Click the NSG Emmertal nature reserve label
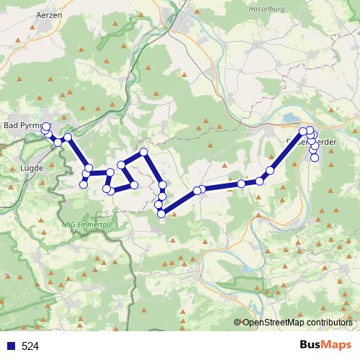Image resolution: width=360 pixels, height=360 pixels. [x=86, y=225]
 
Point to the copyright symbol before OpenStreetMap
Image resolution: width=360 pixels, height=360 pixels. [x=238, y=323]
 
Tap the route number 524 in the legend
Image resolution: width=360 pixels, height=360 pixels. [x=30, y=346]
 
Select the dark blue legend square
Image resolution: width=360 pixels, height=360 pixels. [x=11, y=346]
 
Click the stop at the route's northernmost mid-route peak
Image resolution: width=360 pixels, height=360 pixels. [x=144, y=151]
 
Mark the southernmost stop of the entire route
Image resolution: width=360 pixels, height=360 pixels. [x=161, y=213]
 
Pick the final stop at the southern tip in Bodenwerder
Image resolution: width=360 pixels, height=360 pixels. [x=315, y=158]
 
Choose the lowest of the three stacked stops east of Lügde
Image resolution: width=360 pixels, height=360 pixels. [x=84, y=184]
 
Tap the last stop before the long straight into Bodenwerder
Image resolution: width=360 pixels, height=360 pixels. [x=271, y=171]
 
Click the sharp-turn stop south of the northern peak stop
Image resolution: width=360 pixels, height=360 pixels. [x=163, y=185]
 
